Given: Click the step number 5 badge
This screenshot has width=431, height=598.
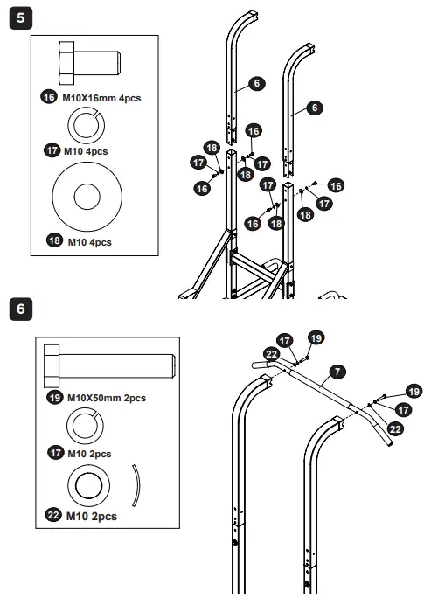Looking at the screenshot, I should click(x=17, y=17).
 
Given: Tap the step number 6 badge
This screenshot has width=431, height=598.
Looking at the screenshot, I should click(x=17, y=309).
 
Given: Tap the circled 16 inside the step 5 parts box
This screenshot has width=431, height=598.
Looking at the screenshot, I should click(x=49, y=98).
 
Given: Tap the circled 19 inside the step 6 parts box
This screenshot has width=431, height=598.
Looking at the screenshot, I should click(x=56, y=399).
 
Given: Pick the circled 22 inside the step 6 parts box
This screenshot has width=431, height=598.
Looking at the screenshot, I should click(x=52, y=516).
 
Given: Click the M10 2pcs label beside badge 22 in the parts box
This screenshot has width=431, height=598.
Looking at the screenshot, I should click(x=92, y=516).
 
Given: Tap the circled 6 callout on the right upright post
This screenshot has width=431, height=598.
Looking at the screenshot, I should click(x=316, y=107).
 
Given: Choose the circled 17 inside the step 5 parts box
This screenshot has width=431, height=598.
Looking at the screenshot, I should click(x=52, y=150).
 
